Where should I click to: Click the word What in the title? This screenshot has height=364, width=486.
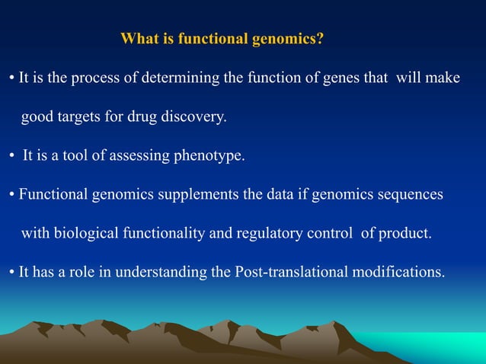pyautogui.click(x=139, y=39)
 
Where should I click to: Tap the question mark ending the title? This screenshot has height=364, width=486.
pyautogui.click(x=320, y=39)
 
